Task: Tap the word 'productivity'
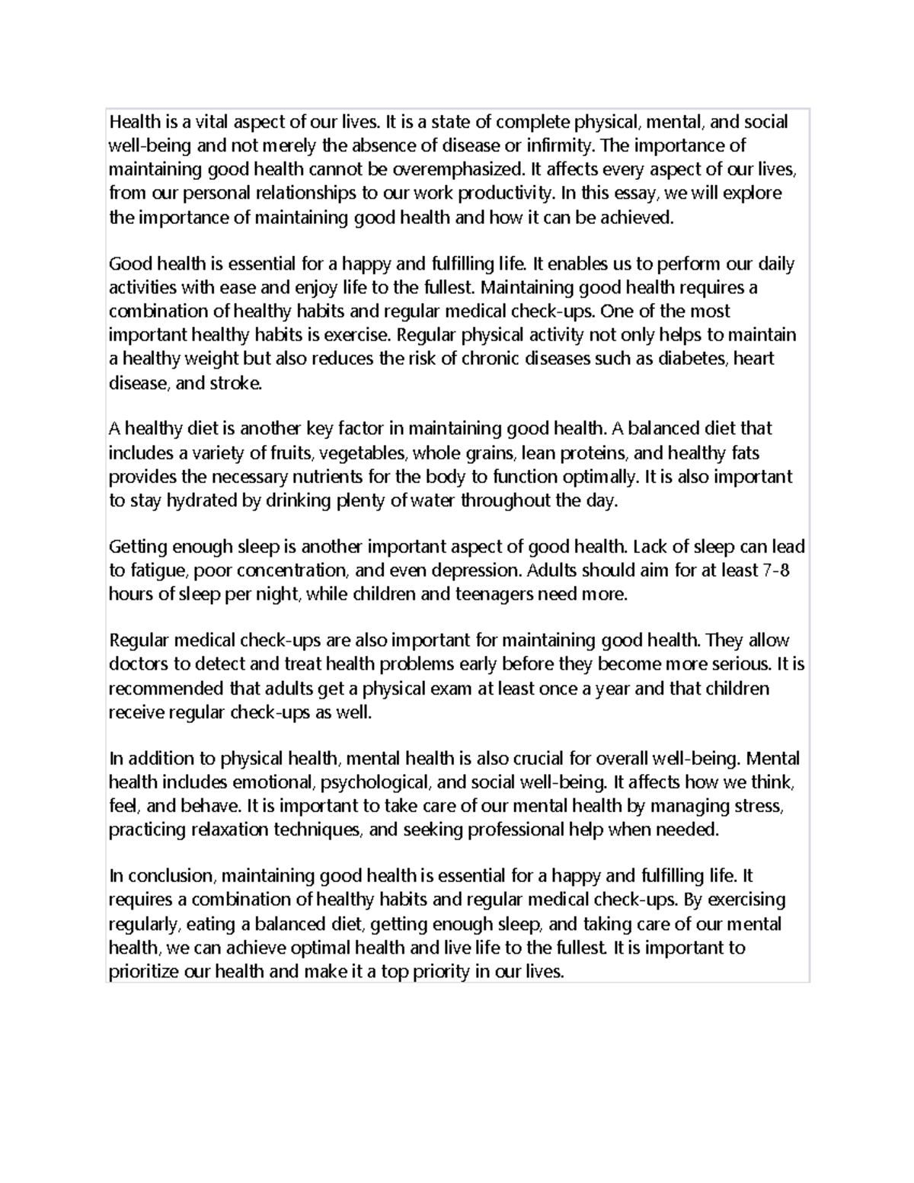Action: click(x=500, y=193)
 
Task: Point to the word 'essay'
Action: click(x=638, y=193)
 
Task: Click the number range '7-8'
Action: click(x=775, y=571)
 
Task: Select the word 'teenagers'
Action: click(x=494, y=595)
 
